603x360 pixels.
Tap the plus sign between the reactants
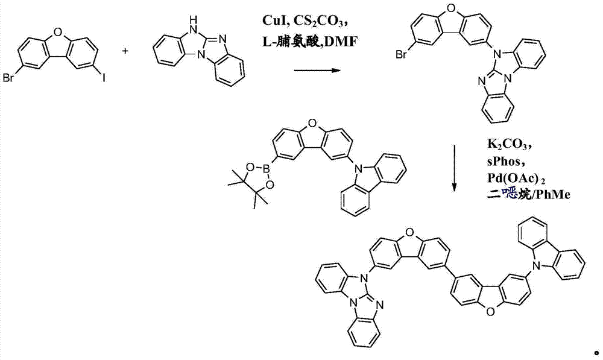[125, 51]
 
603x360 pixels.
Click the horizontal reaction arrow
[317, 71]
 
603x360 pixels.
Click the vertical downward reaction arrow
[454, 168]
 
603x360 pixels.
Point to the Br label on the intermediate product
[401, 55]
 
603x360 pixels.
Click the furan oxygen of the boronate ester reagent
[312, 123]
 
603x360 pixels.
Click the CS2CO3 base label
[319, 22]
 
